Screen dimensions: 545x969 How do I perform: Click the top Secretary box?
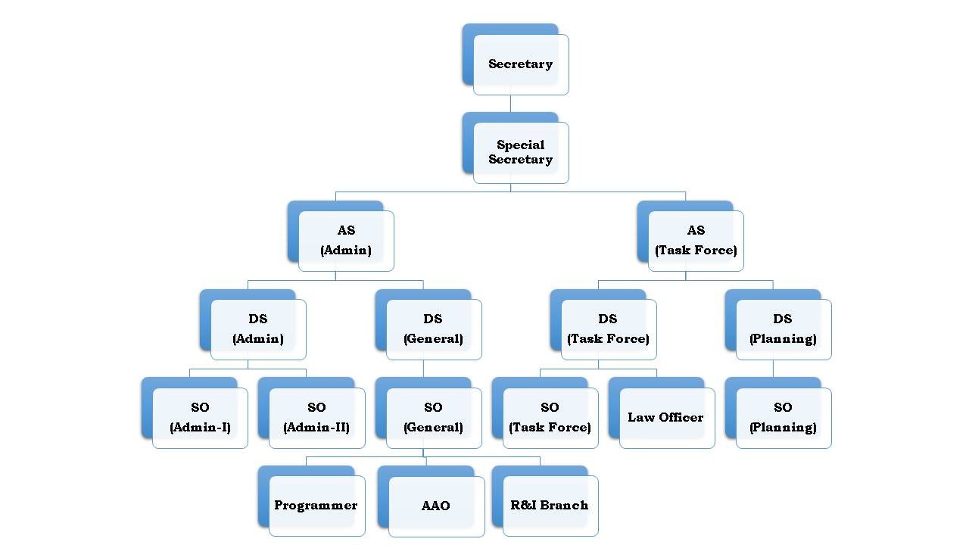point(520,64)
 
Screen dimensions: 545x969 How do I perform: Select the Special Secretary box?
point(520,152)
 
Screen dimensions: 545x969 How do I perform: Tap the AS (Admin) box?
point(346,240)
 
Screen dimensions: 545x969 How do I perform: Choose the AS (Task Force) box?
point(696,240)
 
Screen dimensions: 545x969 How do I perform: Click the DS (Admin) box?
point(258,329)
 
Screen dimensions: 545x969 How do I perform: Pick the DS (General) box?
point(433,329)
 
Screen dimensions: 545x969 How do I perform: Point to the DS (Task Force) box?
point(608,329)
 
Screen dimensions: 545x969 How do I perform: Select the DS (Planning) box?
point(783,329)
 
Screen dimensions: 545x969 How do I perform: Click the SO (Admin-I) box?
point(200,417)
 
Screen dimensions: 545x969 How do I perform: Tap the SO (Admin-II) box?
point(316,417)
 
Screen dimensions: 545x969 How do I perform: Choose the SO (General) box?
point(433,417)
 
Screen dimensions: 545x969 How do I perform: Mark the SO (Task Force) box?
point(550,417)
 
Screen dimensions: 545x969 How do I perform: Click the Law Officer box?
point(666,417)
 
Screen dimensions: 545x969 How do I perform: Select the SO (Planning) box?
point(783,417)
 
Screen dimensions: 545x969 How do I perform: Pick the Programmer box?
point(316,505)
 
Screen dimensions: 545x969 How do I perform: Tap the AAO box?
point(436,506)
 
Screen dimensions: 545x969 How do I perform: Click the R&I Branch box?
point(550,505)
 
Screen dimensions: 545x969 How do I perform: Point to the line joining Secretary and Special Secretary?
point(510,104)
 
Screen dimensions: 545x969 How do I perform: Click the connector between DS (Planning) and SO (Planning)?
point(773,369)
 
